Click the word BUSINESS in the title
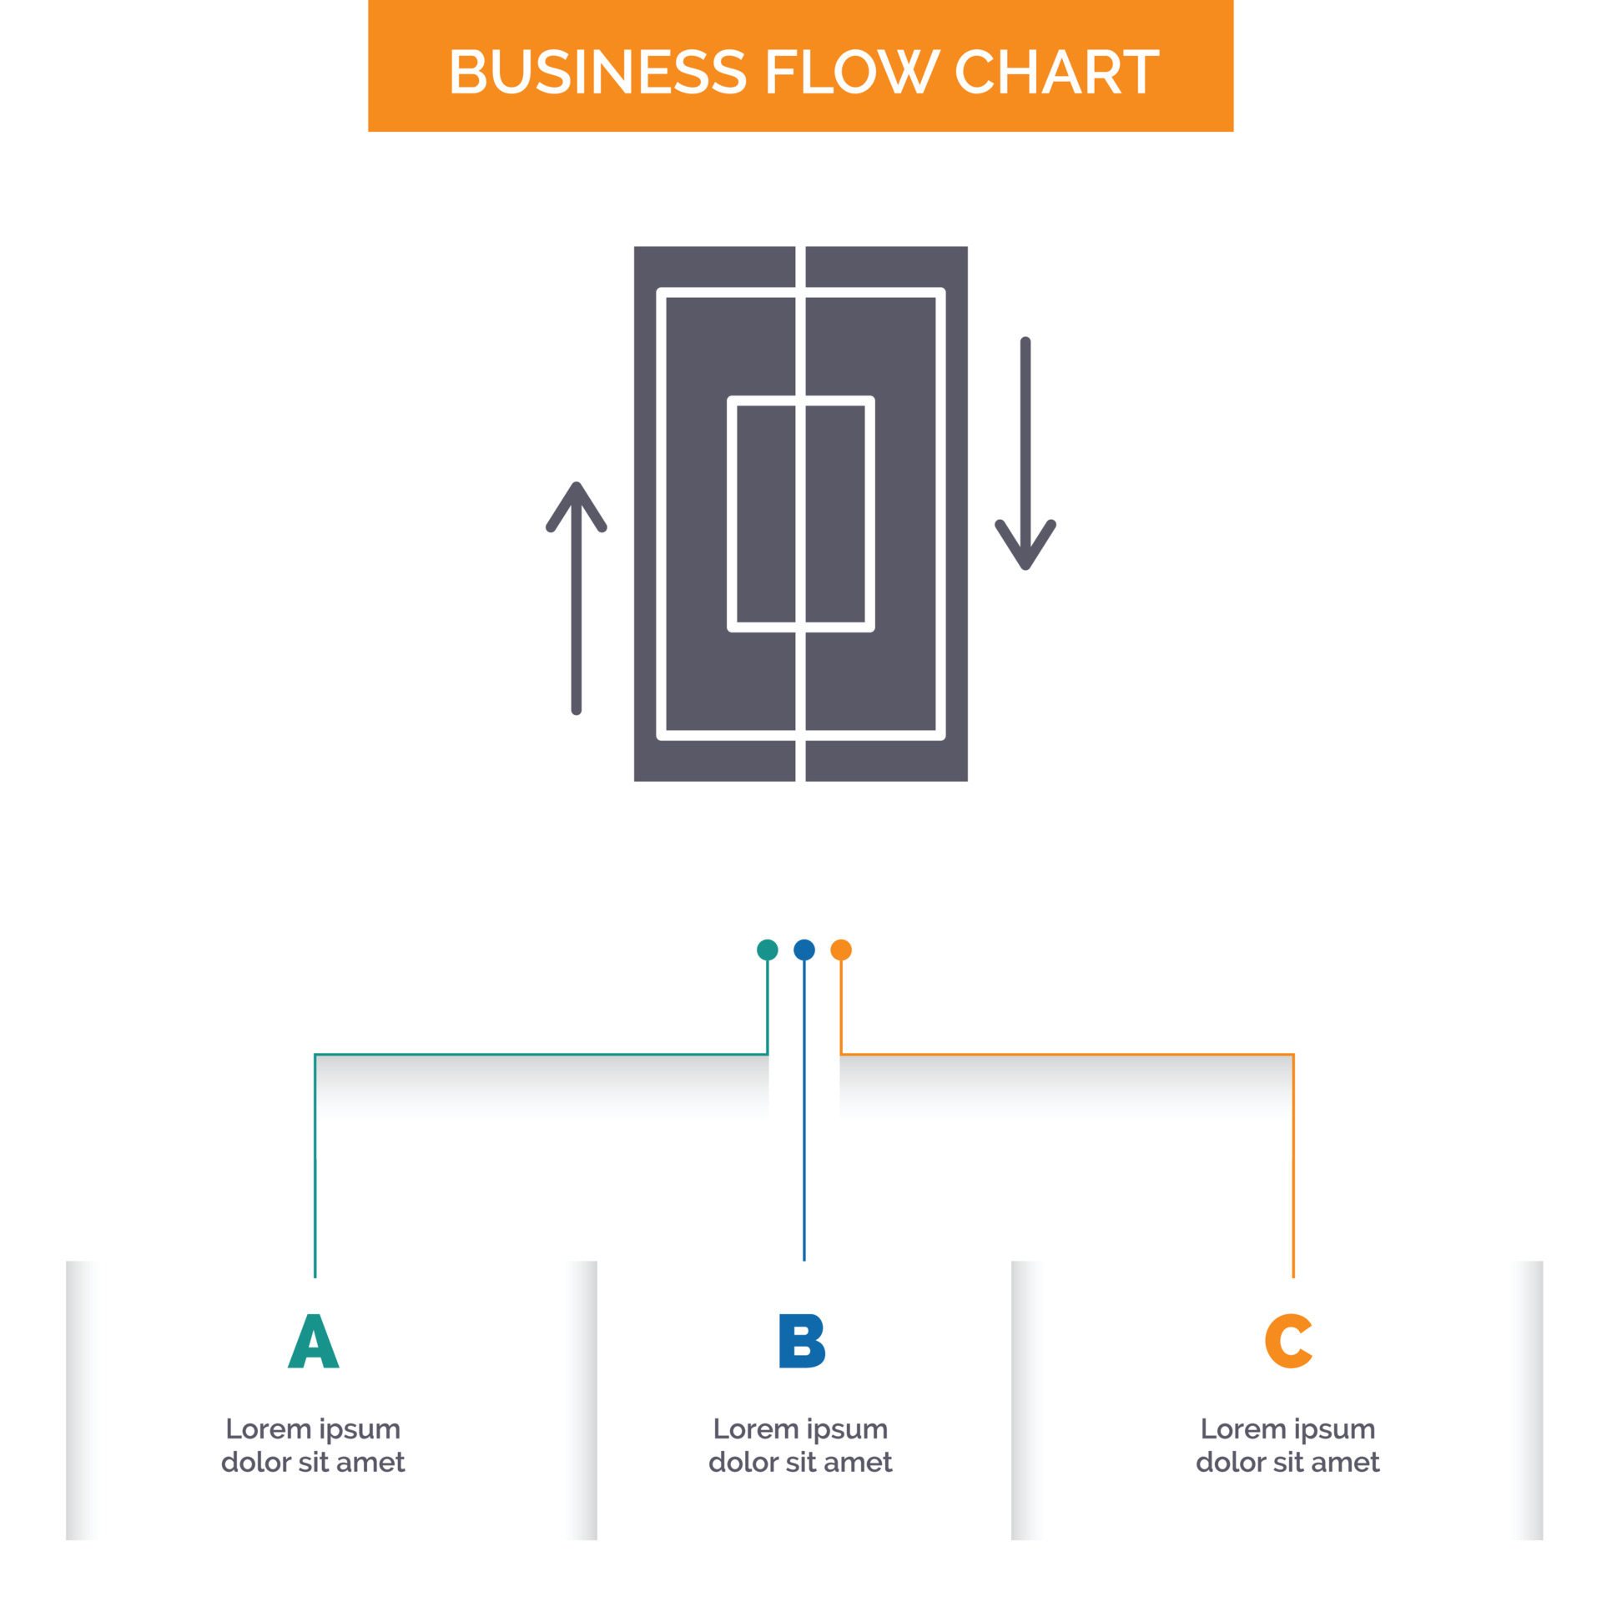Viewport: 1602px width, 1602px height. pos(597,72)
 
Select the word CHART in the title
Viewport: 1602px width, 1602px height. pos(1055,72)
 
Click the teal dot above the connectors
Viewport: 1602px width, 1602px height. pos(767,950)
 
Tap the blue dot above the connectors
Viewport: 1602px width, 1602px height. pos(804,950)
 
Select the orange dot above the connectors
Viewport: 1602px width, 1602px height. pos(841,950)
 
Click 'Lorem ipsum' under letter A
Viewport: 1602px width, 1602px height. pos(313,1429)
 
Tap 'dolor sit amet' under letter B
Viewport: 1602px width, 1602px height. pos(800,1463)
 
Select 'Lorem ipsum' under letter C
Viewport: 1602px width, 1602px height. pos(1287,1429)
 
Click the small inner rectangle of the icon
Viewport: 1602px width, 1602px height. pos(801,513)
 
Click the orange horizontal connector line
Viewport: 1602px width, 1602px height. pos(1067,1055)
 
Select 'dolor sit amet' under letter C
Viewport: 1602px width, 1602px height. pos(1287,1463)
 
